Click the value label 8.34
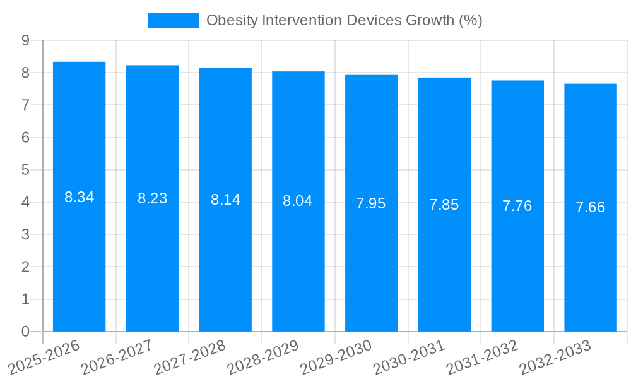79,197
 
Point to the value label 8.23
152,198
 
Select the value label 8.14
225,200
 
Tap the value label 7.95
371,203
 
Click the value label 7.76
517,206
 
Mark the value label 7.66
591,207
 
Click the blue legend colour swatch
173,20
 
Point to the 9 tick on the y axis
25,40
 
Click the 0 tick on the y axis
25,332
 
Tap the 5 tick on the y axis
25,170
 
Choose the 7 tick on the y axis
25,105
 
